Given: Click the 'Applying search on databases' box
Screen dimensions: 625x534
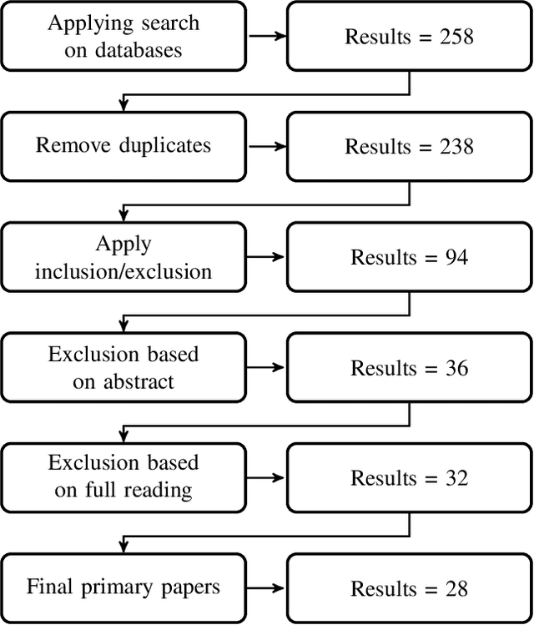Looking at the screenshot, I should coord(123,36).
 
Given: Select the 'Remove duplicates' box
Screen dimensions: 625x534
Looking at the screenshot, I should coord(123,146).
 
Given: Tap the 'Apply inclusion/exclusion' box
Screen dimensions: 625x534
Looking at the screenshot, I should coord(123,257).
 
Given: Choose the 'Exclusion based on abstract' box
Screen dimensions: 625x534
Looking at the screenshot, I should coord(123,368).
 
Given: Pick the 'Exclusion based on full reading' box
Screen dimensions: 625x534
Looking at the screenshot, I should coord(123,478).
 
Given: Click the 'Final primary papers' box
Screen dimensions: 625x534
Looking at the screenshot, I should coord(123,587).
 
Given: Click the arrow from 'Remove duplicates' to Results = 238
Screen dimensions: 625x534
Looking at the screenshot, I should coord(267,147).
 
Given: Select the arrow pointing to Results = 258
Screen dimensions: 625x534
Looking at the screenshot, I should coord(267,37).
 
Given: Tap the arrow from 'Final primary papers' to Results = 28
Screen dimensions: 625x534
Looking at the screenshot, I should coord(267,588).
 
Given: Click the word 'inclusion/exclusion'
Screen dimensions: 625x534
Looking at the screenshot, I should coord(123,271).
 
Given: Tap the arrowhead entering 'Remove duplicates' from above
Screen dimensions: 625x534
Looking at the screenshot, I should coord(123,107).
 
